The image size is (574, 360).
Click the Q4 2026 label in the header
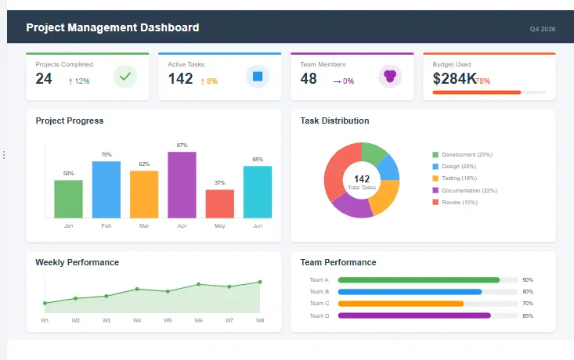click(542, 29)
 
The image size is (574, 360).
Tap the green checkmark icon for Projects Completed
click(125, 77)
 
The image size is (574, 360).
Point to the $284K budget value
click(454, 79)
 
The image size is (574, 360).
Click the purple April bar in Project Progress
click(182, 185)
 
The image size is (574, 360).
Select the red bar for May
click(220, 203)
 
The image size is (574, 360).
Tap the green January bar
click(68, 199)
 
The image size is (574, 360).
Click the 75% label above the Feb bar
click(106, 155)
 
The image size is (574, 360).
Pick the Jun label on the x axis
click(258, 226)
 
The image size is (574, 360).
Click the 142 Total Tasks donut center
click(362, 182)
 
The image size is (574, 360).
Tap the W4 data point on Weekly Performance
click(137, 289)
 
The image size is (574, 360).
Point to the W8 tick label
click(260, 320)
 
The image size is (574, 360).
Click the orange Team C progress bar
click(401, 304)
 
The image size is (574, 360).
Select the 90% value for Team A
click(528, 279)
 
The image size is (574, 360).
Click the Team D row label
click(319, 315)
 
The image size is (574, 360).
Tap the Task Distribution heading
click(334, 121)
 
